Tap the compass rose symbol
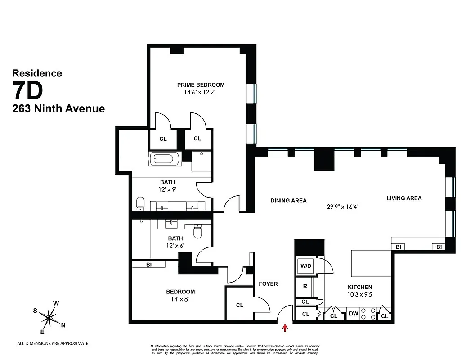48,318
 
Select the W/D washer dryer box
306,266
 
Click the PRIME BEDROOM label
201,85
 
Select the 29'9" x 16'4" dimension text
342,207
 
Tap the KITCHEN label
359,287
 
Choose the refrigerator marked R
305,286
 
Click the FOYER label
268,284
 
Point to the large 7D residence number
28,90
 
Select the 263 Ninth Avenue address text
58,108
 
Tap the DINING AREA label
288,200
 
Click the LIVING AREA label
403,198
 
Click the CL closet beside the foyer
240,305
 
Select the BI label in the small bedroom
148,265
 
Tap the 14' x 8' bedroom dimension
180,300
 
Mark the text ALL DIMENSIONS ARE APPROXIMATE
53,343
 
